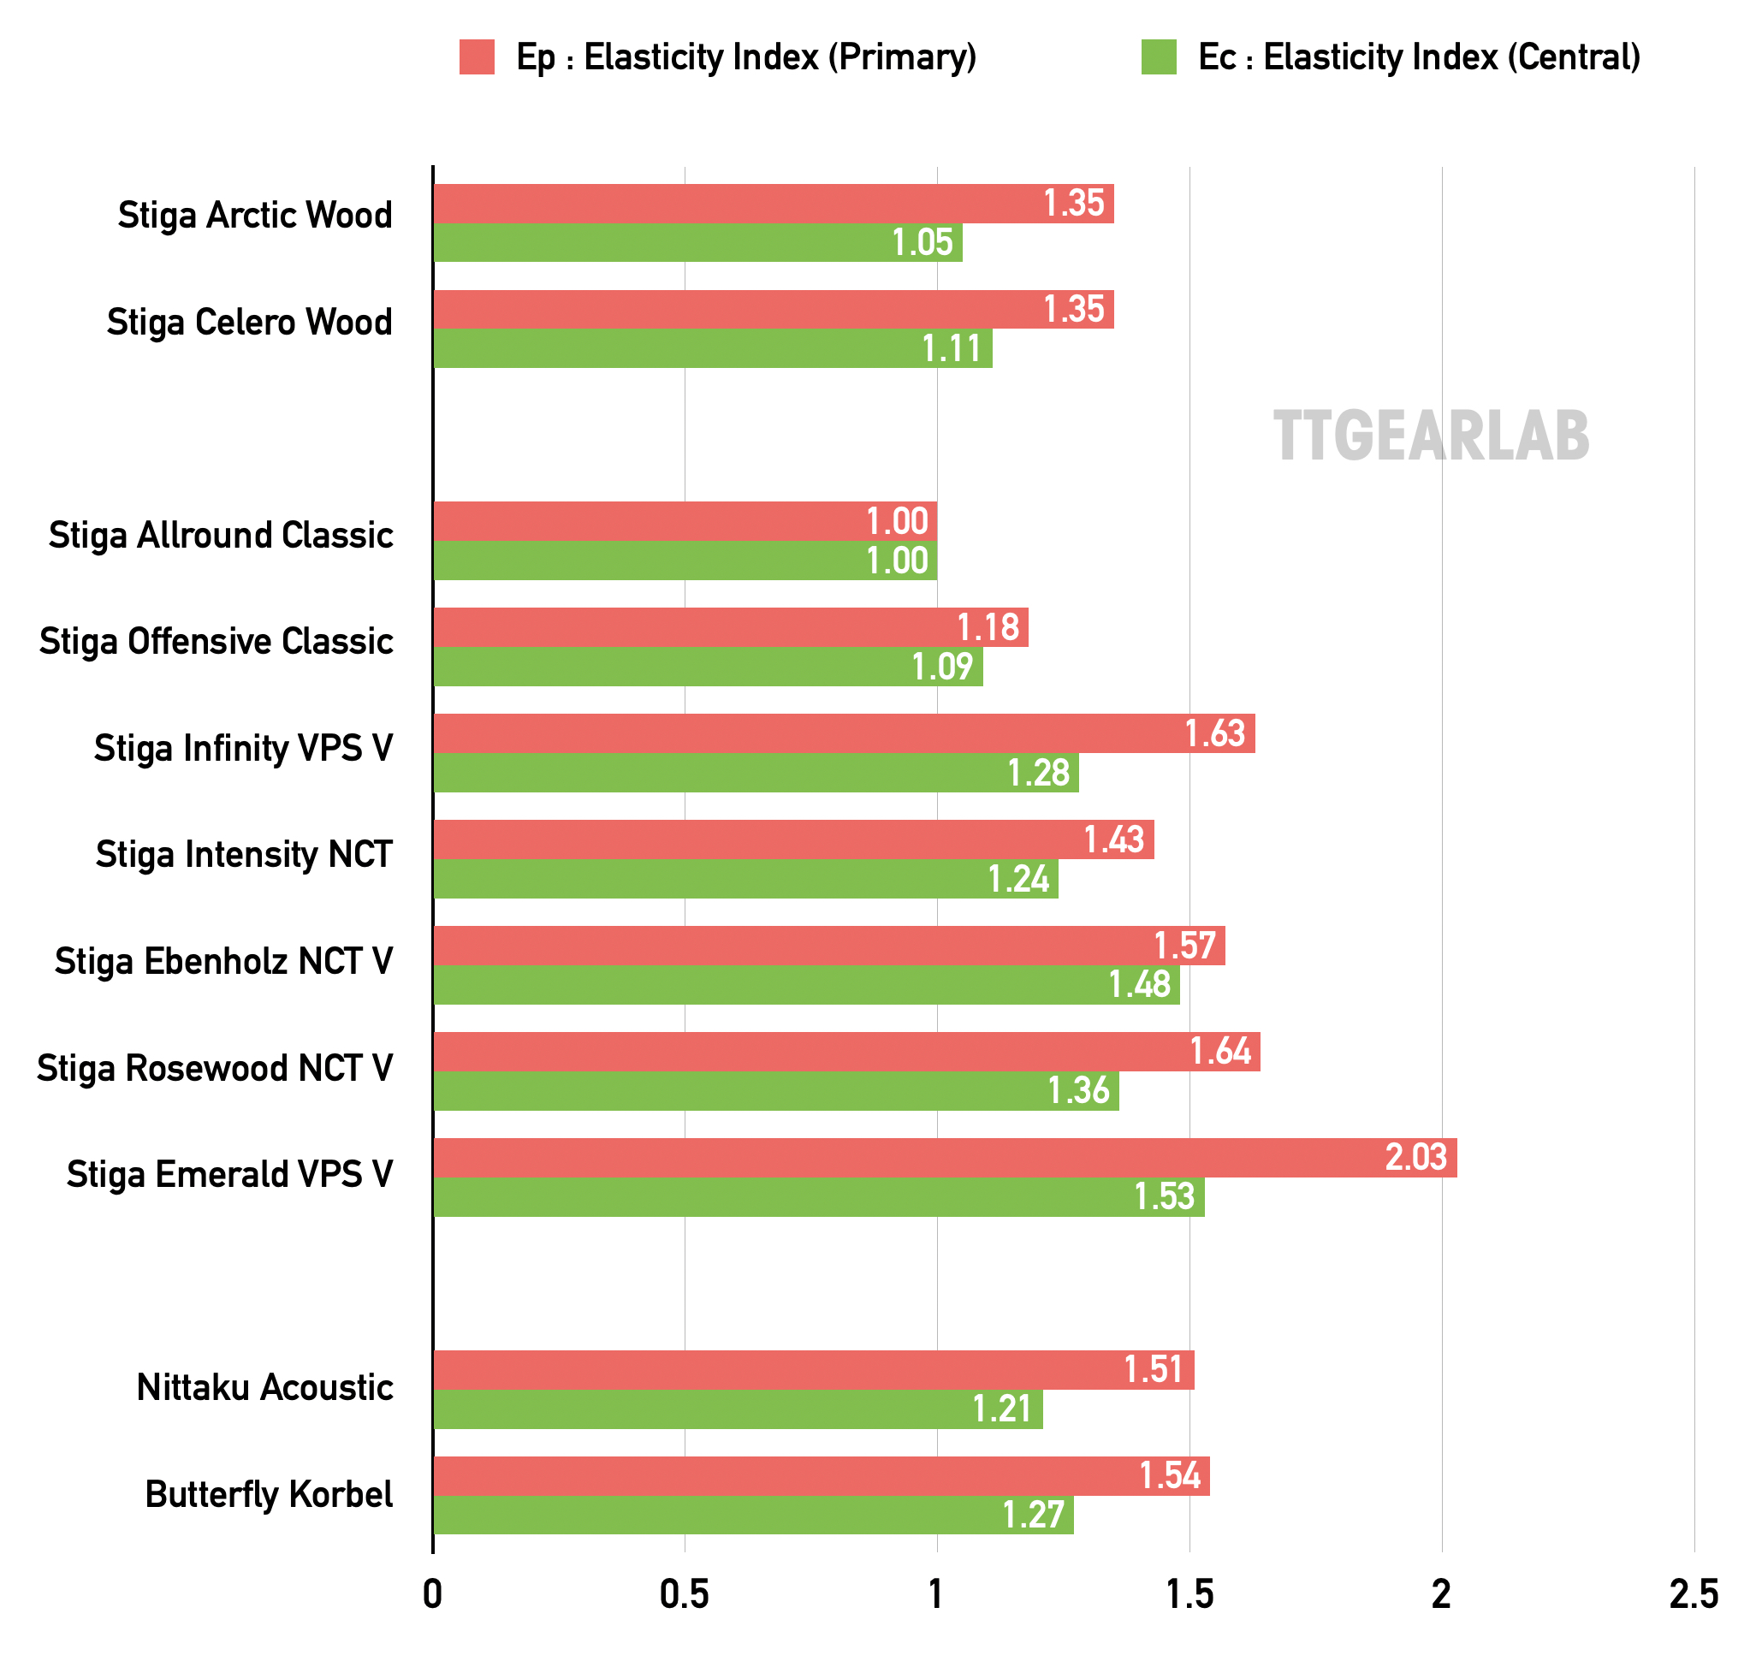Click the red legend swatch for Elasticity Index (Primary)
[476, 57]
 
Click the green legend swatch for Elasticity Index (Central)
[1158, 57]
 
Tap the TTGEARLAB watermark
[1430, 437]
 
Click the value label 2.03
[1416, 1158]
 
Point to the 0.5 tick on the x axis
[685, 1594]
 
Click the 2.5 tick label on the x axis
[1694, 1594]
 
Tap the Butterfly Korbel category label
[269, 1494]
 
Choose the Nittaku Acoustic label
[264, 1387]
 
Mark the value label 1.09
[942, 667]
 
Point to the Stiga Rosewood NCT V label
[215, 1069]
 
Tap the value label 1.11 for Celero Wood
[952, 349]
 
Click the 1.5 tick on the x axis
[1189, 1594]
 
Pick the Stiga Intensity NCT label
[244, 855]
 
